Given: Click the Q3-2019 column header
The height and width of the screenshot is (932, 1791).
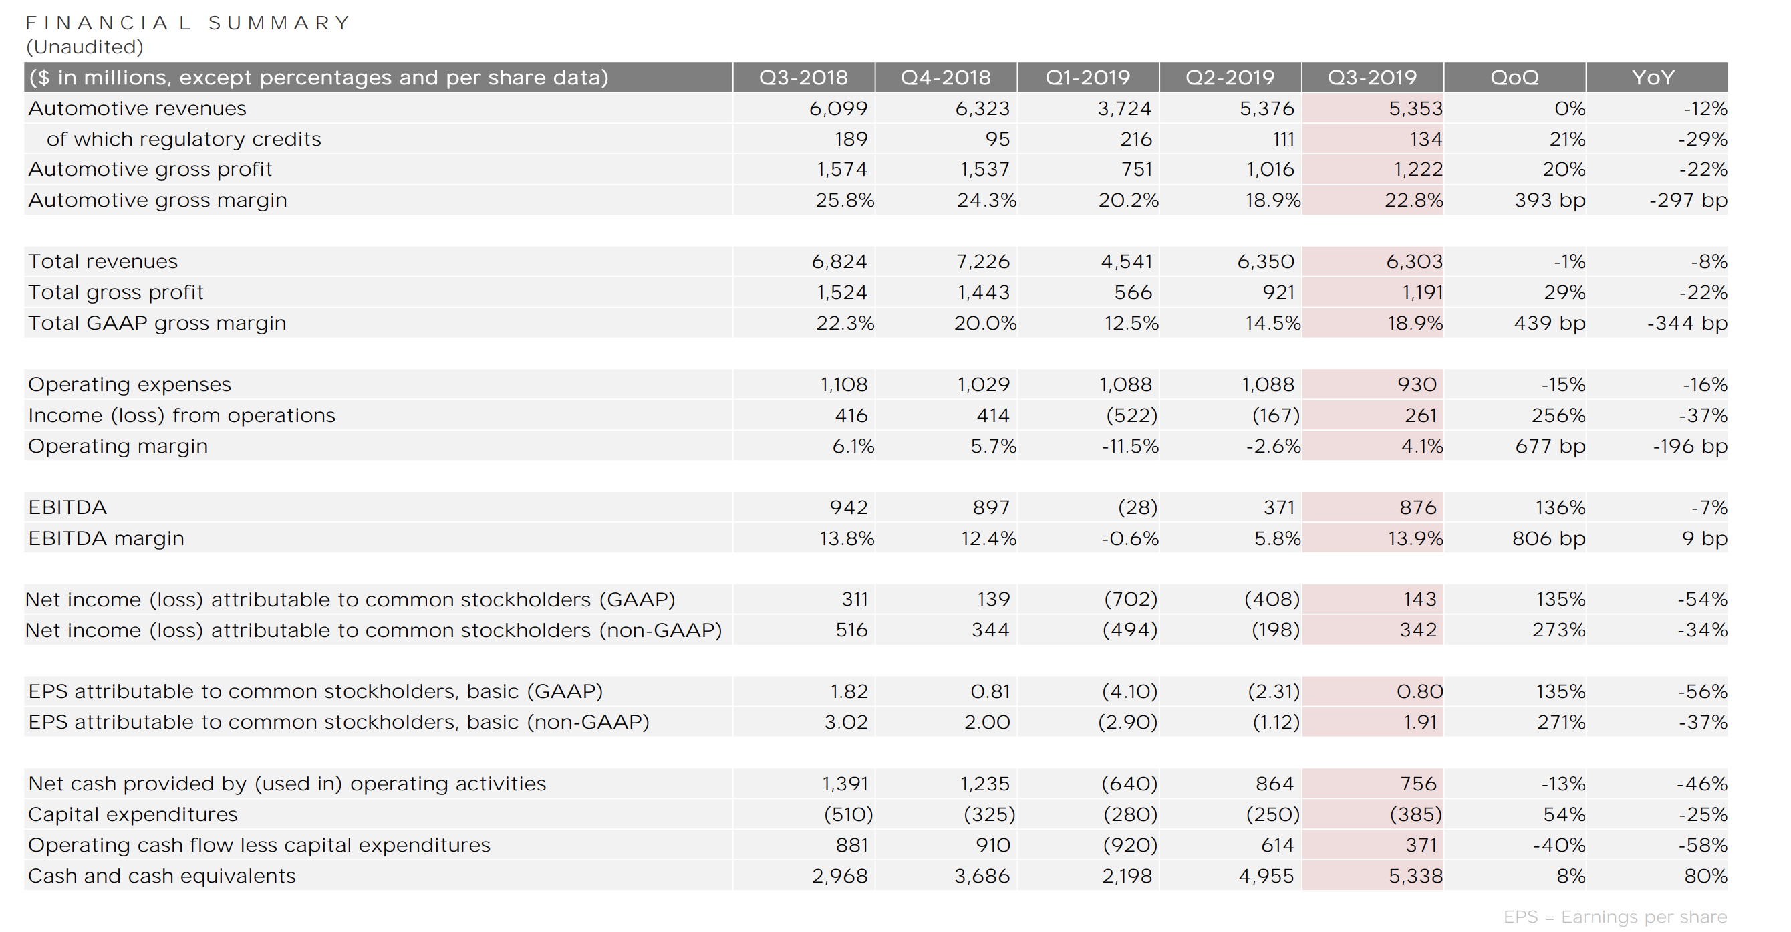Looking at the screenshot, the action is (x=1372, y=77).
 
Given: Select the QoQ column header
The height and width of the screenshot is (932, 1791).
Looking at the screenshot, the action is (x=1514, y=77).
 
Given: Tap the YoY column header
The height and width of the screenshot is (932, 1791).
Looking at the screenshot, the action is (x=1653, y=77).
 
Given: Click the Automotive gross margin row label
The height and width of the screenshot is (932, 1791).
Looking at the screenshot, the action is (x=158, y=201).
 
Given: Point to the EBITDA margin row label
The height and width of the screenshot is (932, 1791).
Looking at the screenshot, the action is (x=106, y=538).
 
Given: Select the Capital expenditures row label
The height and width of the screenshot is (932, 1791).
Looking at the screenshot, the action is (x=133, y=814).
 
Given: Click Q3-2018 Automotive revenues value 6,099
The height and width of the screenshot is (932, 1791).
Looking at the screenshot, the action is (x=838, y=108).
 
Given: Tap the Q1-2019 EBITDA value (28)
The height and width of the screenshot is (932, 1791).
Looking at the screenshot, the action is (x=1137, y=507).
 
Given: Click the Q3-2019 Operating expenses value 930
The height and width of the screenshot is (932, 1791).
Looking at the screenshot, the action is (x=1416, y=384).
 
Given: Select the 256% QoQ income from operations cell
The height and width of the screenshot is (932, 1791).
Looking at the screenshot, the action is (x=1558, y=415).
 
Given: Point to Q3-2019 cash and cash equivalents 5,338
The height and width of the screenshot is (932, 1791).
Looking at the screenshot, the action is (x=1415, y=876).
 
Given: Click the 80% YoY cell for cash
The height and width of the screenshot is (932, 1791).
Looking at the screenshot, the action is (x=1705, y=876).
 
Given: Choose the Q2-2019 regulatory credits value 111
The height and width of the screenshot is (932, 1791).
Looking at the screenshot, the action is (x=1284, y=139).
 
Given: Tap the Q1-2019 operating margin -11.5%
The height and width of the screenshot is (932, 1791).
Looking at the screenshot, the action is (x=1130, y=446).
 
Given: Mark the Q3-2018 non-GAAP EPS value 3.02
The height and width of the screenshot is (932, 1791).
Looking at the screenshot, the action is (x=846, y=722).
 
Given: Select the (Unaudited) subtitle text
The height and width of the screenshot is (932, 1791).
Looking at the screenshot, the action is (x=85, y=47).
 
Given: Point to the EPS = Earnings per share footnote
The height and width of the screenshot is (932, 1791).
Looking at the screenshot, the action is (x=1615, y=917).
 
